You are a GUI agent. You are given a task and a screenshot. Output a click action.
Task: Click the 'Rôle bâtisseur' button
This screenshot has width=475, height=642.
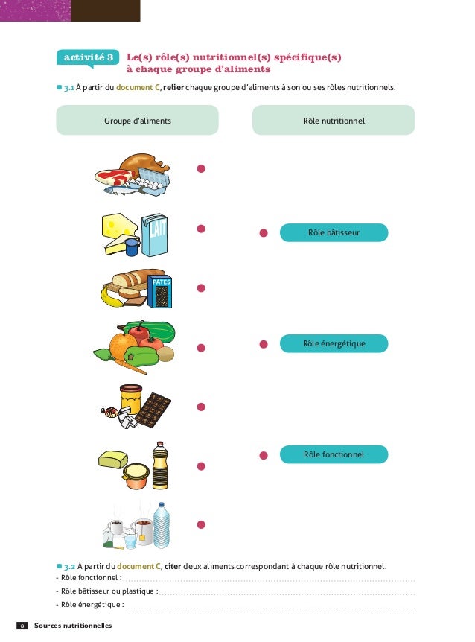pos(334,233)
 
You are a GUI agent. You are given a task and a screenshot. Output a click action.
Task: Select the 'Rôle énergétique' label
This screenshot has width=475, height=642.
pos(334,343)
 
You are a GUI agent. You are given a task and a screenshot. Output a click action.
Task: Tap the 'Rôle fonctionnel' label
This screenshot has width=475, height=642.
pos(334,454)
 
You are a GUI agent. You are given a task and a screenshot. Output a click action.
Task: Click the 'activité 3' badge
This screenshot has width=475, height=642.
pos(88,57)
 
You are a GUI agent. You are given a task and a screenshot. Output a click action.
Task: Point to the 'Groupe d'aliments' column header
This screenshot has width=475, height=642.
pos(138,120)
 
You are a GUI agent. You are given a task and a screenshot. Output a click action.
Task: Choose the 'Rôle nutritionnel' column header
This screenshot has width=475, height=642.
pos(334,120)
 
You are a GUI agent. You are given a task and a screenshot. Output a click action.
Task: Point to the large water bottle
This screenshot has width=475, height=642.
pos(162,524)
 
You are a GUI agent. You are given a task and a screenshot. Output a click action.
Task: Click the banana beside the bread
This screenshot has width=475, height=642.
pos(112,298)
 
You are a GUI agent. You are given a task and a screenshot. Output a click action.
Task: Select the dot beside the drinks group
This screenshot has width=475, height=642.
pos(201,525)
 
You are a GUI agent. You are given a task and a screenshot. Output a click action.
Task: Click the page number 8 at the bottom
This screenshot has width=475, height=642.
pos(22,626)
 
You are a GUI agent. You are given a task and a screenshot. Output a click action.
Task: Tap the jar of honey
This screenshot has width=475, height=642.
pos(130,400)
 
